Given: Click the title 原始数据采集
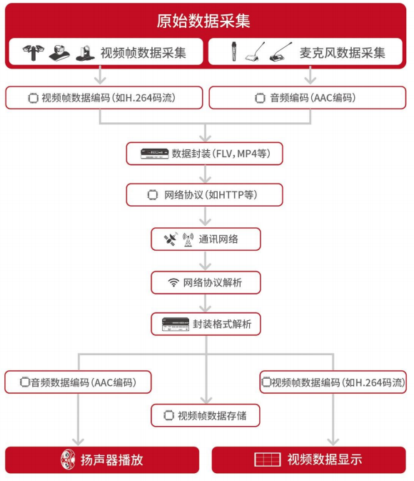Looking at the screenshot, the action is [203, 21].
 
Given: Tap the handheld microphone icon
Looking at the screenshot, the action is [234, 51].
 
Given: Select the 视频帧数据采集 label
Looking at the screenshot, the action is [143, 53].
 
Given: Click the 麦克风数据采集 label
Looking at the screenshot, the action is [343, 53].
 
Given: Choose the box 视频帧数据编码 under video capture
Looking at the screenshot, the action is [104, 97].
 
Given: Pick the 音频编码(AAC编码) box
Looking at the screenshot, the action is [308, 97].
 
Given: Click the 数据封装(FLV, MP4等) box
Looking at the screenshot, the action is [204, 154].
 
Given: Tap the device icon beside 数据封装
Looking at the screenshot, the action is [155, 154].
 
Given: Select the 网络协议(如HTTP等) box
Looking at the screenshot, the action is [204, 195].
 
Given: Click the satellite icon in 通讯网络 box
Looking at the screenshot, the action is [171, 239].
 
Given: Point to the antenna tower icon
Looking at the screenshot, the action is [188, 239].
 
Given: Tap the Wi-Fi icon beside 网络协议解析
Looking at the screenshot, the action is [173, 282].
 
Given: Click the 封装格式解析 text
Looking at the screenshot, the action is [222, 324].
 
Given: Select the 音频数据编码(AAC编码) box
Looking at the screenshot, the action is [78, 382].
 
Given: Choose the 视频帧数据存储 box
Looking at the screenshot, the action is [206, 415].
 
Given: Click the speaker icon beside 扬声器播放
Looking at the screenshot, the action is [68, 460].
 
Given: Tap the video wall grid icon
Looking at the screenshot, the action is [267, 460].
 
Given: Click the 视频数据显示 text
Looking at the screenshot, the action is [325, 460].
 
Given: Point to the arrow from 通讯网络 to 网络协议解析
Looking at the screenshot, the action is [205, 261].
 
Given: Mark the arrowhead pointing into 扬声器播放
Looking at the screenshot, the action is [78, 442].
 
